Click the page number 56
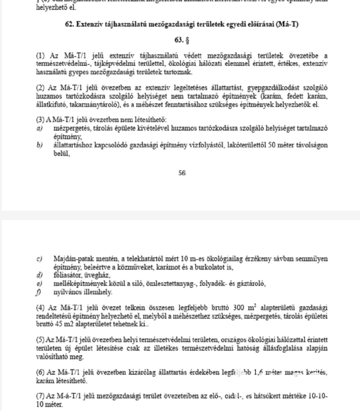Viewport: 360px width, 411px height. (182, 173)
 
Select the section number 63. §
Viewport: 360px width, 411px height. (182, 40)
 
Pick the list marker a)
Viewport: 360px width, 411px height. (39, 129)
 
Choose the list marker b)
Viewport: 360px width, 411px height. (39, 145)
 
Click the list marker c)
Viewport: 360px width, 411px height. (39, 259)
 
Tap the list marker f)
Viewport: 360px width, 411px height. (39, 292)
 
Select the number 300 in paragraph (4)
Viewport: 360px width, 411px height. (239, 308)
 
